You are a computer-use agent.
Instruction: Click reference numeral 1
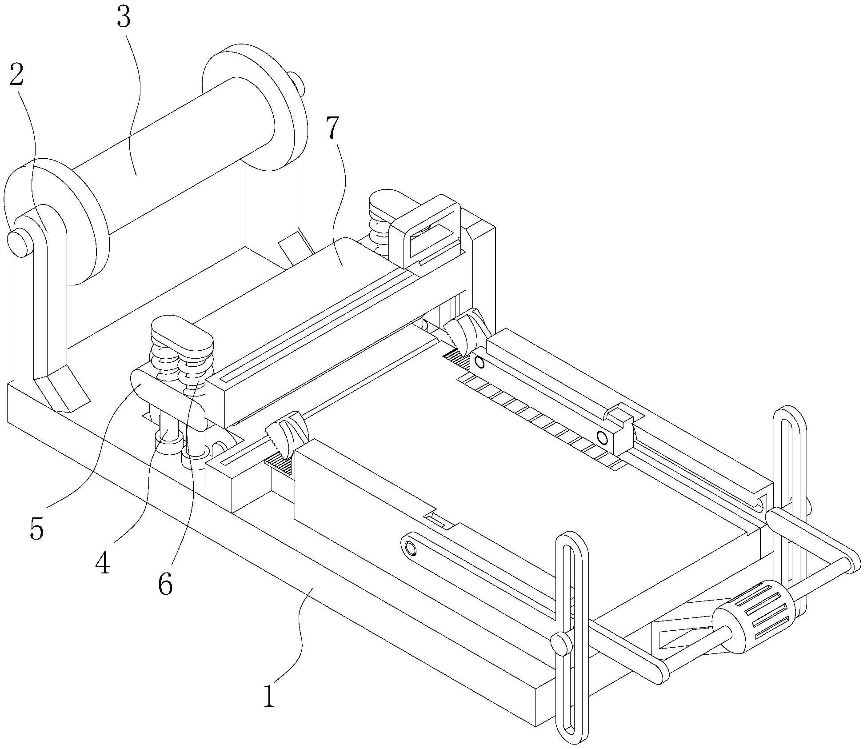269,695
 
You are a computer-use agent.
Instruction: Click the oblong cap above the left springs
182,332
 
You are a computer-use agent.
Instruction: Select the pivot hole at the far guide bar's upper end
479,362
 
